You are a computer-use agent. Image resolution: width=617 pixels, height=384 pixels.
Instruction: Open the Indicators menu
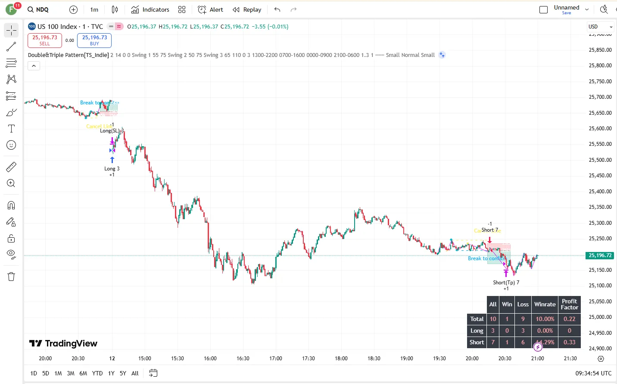[x=150, y=9]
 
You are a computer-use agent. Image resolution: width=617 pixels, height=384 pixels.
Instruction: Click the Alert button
[x=210, y=9]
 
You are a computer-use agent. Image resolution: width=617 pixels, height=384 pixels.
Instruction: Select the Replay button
[x=247, y=9]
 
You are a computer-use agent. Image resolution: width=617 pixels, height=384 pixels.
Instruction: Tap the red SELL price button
[x=45, y=40]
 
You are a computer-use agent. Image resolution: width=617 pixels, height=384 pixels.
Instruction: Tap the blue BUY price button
[x=94, y=40]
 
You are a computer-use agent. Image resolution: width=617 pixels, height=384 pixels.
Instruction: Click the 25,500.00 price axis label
[x=600, y=160]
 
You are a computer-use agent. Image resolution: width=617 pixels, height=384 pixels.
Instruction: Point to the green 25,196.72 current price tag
[x=600, y=255]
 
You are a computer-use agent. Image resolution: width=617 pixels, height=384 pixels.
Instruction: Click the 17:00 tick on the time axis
[x=276, y=358]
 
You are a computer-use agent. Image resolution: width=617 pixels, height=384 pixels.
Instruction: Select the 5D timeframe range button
[x=46, y=373]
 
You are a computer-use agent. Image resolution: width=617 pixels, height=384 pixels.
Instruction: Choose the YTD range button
[x=97, y=373]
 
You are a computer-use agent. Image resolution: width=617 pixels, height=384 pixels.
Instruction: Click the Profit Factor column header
[x=569, y=304]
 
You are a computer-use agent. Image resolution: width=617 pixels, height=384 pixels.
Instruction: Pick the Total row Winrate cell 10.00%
[x=545, y=319]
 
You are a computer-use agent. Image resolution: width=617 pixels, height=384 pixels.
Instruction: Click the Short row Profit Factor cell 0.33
[x=569, y=342]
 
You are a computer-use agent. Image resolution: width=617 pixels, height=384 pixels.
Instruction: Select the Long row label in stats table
[x=477, y=330]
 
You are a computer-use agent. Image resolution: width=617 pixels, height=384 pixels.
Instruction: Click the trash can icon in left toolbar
[x=11, y=277]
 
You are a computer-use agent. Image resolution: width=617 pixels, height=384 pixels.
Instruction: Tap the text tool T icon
[x=11, y=129]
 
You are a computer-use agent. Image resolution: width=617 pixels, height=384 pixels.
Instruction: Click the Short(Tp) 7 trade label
[x=506, y=283]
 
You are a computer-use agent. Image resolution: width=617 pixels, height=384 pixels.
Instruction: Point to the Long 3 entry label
[x=112, y=169]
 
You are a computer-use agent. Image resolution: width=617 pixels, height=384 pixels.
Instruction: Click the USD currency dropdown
[x=600, y=27]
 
